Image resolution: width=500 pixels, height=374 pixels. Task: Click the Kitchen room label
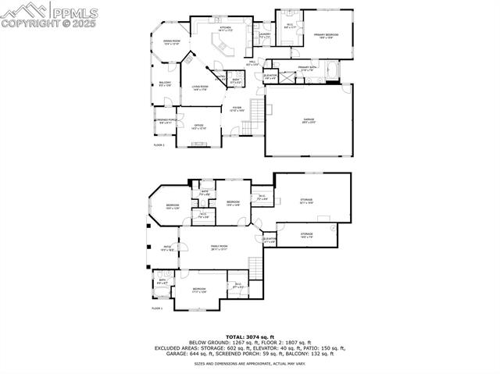pyautogui.click(x=225, y=29)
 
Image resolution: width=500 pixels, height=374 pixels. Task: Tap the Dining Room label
pyautogui.click(x=171, y=42)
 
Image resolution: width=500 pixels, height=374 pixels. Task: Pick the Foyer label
pyautogui.click(x=237, y=109)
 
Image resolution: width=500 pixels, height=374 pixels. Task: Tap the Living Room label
pyautogui.click(x=200, y=88)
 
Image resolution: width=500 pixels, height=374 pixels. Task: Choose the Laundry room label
pyautogui.click(x=265, y=35)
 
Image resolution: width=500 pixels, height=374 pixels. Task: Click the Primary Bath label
pyautogui.click(x=307, y=69)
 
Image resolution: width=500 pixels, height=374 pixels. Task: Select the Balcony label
pyautogui.click(x=165, y=84)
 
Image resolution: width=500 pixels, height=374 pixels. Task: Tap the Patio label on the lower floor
pyautogui.click(x=166, y=249)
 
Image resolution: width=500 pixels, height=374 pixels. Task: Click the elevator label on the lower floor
pyautogui.click(x=270, y=240)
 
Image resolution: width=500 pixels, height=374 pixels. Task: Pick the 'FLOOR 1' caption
pyautogui.click(x=158, y=308)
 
